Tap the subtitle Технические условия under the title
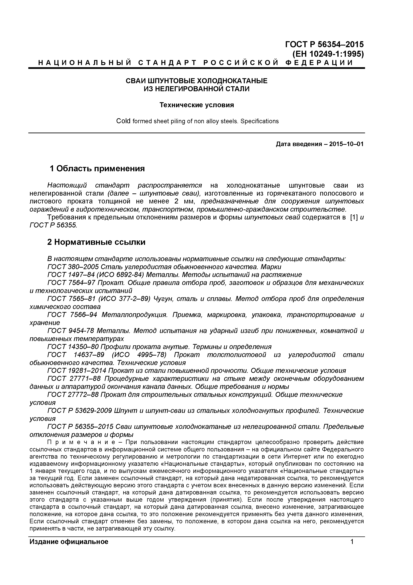[x=197, y=105]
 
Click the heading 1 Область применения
[x=97, y=168]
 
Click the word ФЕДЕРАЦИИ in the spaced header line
[x=319, y=63]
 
